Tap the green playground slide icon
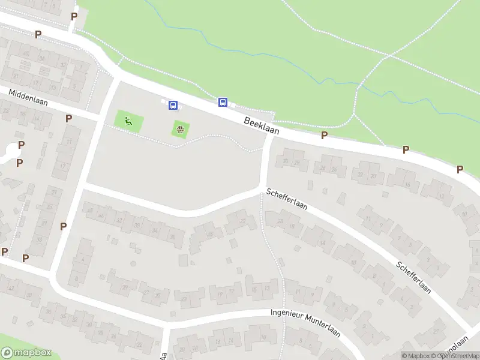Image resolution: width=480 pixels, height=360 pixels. pos(128,122)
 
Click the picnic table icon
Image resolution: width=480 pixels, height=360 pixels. pos(179,128)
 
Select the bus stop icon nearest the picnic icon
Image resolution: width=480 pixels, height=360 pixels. pos(173,106)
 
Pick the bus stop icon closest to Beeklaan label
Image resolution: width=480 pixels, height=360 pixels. pos(223,103)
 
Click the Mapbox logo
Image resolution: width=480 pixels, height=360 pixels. pos(26,353)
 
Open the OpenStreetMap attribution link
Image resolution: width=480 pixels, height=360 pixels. pos(457,356)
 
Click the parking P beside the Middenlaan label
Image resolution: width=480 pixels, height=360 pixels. pos(69,118)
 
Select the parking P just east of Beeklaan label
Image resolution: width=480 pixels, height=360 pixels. pos(324,136)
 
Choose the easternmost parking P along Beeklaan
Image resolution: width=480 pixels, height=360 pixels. pos(460,169)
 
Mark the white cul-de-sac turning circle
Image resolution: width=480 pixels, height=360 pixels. pos(9,151)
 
